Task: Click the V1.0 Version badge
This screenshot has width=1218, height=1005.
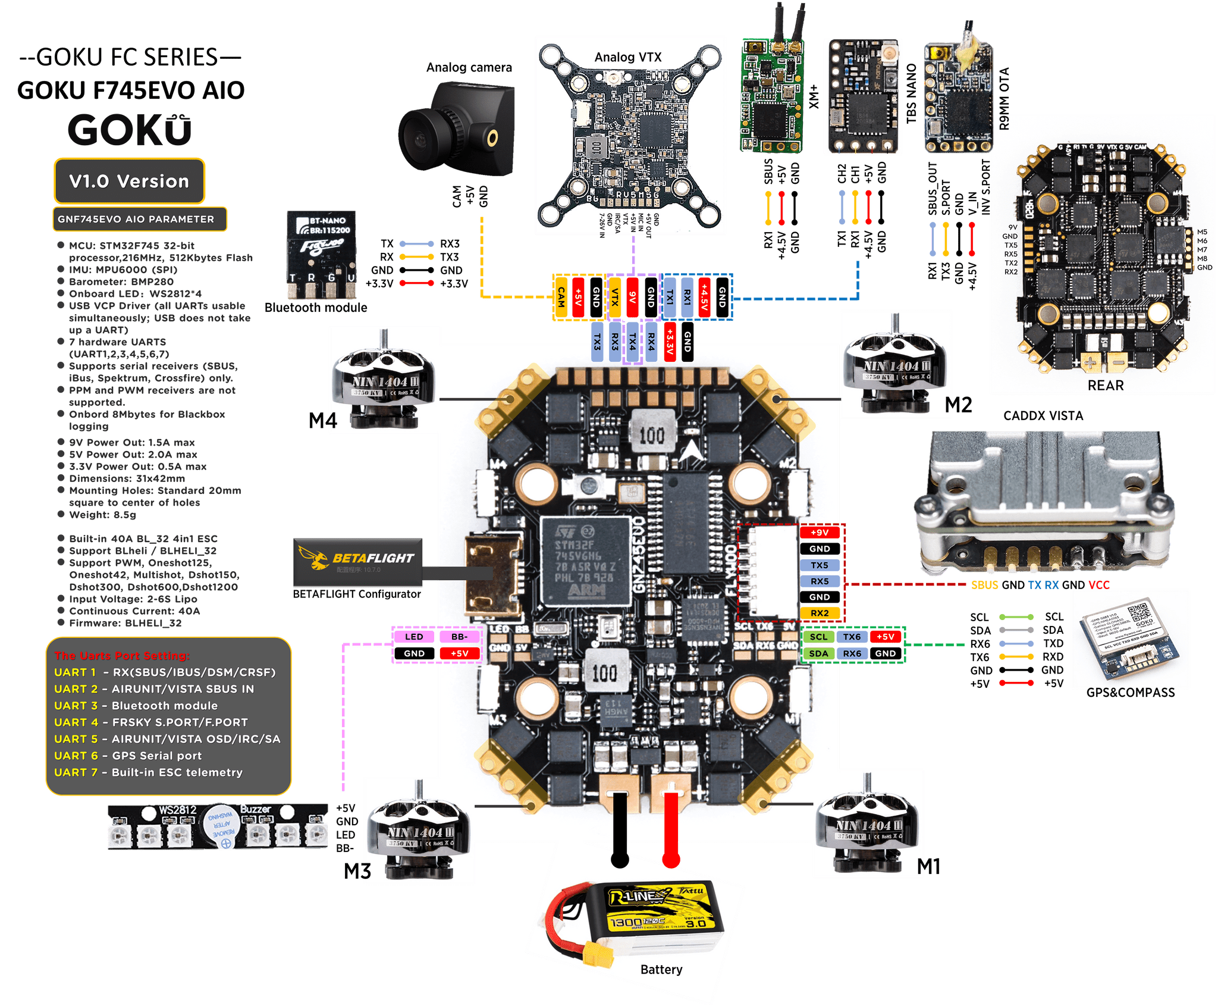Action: coord(129,181)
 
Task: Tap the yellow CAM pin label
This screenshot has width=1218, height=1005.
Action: coord(561,297)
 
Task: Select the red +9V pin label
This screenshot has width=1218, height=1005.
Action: coord(820,533)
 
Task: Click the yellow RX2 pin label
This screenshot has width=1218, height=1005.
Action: coord(820,613)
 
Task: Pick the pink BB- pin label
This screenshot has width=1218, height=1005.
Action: coord(459,637)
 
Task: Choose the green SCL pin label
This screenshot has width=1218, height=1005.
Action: coord(818,637)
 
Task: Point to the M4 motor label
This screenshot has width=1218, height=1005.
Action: coord(322,421)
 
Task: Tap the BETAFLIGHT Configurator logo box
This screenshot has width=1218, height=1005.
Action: coord(357,562)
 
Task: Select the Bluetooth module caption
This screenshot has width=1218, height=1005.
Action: coord(316,308)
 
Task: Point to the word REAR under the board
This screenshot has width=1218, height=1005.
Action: coord(1106,386)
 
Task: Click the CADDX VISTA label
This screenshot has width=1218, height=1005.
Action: coord(1043,416)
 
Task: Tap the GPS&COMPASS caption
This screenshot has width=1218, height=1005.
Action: coord(1130,693)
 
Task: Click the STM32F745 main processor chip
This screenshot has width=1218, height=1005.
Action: coord(585,559)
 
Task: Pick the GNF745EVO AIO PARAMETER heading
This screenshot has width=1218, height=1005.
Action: coord(136,219)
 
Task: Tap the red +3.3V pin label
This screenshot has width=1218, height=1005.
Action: coord(670,342)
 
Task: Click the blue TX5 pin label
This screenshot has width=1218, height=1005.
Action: coord(820,565)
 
